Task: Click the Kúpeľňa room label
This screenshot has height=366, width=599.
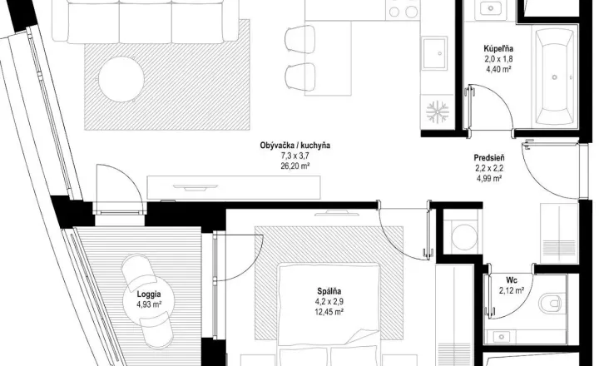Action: pos(498,49)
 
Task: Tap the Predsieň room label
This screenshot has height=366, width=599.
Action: pos(489,157)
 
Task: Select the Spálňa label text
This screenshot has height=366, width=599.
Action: pos(329,291)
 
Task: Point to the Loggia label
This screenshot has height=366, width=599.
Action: pos(149,294)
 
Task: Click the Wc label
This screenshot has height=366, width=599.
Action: pos(512,280)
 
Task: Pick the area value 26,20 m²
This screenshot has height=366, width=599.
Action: pos(295,166)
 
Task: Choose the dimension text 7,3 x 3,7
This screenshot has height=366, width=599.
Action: pos(295,156)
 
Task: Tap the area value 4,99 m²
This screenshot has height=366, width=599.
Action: pos(489,178)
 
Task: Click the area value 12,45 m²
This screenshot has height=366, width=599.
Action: pos(329,312)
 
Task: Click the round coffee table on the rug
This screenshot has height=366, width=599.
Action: pos(121,79)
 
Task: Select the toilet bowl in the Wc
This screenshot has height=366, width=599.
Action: pos(551,303)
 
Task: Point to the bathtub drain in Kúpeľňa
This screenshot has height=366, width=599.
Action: pos(554,77)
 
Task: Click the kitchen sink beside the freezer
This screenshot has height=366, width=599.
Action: pos(434,53)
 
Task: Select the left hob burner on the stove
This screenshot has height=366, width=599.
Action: pos(394,12)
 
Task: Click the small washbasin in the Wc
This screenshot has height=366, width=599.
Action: pos(501,337)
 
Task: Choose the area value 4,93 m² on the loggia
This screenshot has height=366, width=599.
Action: pos(149,304)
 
